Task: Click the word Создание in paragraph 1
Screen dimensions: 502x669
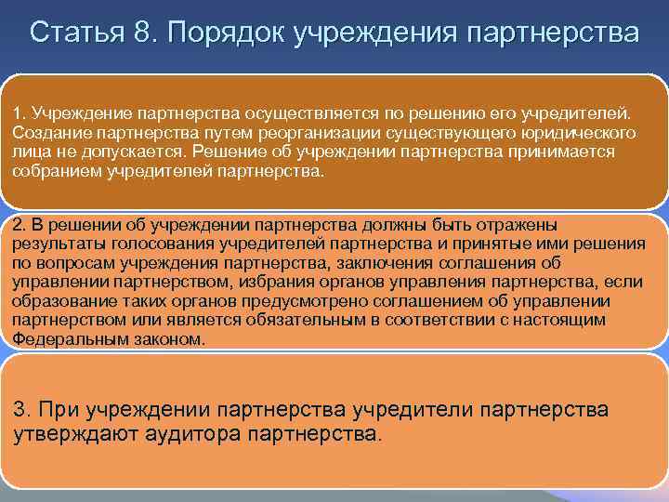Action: (43, 133)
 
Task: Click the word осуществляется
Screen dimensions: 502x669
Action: (299, 113)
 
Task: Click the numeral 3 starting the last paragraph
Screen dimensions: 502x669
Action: (20, 409)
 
